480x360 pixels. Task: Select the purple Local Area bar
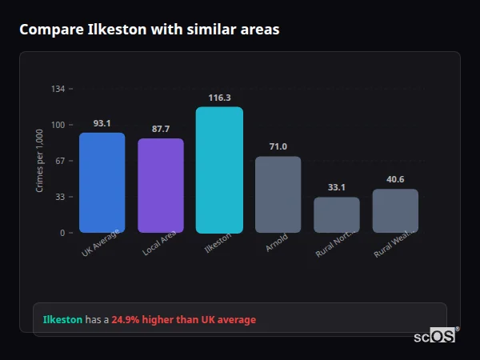(x=161, y=186)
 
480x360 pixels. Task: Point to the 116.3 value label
(x=219, y=98)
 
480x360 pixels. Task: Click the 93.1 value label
(x=102, y=123)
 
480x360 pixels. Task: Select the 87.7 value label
(x=161, y=129)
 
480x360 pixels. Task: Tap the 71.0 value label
(x=278, y=146)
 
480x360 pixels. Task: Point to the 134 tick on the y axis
(x=58, y=89)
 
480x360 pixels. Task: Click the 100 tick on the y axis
(x=58, y=125)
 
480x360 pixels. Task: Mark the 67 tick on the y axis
(x=60, y=161)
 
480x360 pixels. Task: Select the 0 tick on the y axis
(x=62, y=233)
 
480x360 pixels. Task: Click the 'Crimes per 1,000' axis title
(x=40, y=162)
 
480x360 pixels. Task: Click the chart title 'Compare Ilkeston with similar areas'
(x=150, y=30)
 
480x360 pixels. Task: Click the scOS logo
(x=435, y=336)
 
